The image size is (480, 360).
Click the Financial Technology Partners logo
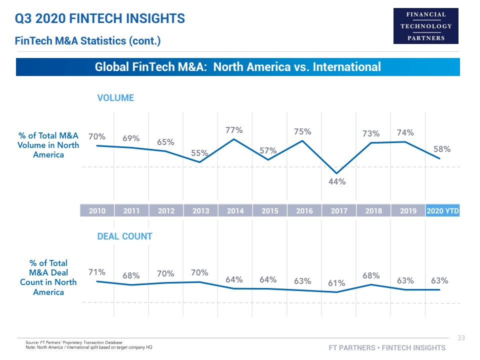426,26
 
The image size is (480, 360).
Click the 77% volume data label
234,130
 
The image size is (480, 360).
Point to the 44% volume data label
337,181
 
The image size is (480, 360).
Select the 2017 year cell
338,211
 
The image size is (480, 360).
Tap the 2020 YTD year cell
442,211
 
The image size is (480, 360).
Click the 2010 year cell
97,211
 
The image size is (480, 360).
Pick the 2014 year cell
235,211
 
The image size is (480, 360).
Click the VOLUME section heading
115,98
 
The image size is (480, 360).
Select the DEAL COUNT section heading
124,236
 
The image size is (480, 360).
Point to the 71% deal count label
97,272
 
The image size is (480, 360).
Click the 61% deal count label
336,283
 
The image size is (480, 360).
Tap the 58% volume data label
442,149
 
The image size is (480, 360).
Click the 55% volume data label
199,153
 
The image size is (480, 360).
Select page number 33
461,338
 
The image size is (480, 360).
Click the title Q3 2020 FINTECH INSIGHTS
100,19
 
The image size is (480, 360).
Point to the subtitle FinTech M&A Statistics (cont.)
88,41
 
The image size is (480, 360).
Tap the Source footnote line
73,342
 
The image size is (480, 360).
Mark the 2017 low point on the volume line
337,173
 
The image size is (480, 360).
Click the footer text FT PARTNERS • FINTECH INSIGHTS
387,347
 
